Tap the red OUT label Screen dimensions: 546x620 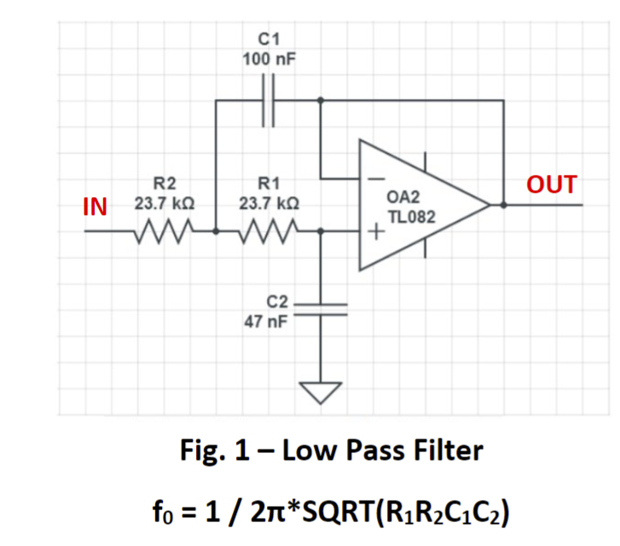tap(551, 184)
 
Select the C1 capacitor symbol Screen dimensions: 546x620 tap(269, 101)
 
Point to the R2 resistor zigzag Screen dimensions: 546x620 tap(165, 229)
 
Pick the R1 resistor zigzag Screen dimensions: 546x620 tap(269, 229)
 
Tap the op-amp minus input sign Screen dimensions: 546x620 tap(374, 179)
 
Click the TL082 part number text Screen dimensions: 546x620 tap(411, 218)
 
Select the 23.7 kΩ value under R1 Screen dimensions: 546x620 tap(269, 205)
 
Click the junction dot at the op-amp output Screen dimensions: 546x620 tap(503, 205)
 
